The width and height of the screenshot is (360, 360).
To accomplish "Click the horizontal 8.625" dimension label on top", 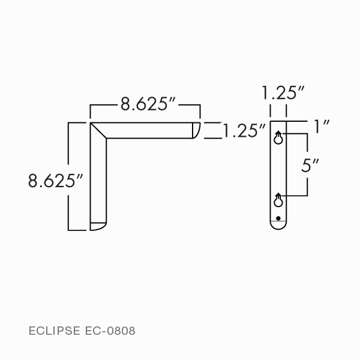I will [148, 104].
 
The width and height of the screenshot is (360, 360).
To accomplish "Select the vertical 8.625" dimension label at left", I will [55, 181].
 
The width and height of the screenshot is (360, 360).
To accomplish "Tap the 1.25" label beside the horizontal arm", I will [244, 131].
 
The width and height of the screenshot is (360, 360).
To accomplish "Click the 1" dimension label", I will [322, 127].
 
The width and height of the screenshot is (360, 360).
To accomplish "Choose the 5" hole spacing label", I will [310, 165].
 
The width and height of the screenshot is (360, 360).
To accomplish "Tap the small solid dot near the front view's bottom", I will [278, 217].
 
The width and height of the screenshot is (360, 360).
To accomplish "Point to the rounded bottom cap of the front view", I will [278, 226].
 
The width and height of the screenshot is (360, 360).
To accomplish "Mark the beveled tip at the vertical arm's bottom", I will [98, 226].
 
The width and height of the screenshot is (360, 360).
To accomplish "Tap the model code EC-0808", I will [110, 331].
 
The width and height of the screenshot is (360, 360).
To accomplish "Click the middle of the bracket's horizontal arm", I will [150, 131].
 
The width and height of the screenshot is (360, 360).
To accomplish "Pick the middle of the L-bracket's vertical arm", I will [98, 180].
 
